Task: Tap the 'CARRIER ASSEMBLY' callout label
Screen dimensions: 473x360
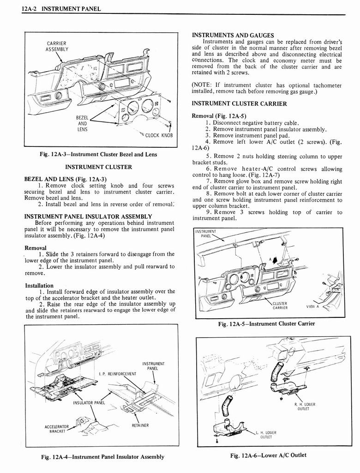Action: pyautogui.click(x=57, y=46)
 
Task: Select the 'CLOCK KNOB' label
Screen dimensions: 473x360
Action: pyautogui.click(x=159, y=135)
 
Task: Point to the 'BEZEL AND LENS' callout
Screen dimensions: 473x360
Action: pyautogui.click(x=83, y=124)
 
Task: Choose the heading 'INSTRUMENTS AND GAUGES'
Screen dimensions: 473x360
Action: pyautogui.click(x=233, y=35)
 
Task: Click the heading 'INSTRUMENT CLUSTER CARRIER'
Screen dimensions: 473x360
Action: pyautogui.click(x=239, y=103)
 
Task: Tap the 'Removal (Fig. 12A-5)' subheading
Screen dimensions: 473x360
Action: pyautogui.click(x=220, y=115)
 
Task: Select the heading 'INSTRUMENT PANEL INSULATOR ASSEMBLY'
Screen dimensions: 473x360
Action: pyautogui.click(x=88, y=216)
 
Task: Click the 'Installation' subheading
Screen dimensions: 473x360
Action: pyautogui.click(x=39, y=285)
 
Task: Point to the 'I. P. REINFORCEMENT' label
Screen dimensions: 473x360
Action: pyautogui.click(x=118, y=373)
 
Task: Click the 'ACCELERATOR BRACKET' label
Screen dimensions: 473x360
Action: pyautogui.click(x=57, y=429)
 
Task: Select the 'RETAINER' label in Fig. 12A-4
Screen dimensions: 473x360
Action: pyautogui.click(x=140, y=425)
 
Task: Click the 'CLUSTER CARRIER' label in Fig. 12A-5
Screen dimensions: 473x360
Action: pyautogui.click(x=280, y=306)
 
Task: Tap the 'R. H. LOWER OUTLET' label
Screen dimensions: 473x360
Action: pyautogui.click(x=304, y=406)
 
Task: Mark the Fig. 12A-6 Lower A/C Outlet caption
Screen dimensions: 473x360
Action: pyautogui.click(x=269, y=455)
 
